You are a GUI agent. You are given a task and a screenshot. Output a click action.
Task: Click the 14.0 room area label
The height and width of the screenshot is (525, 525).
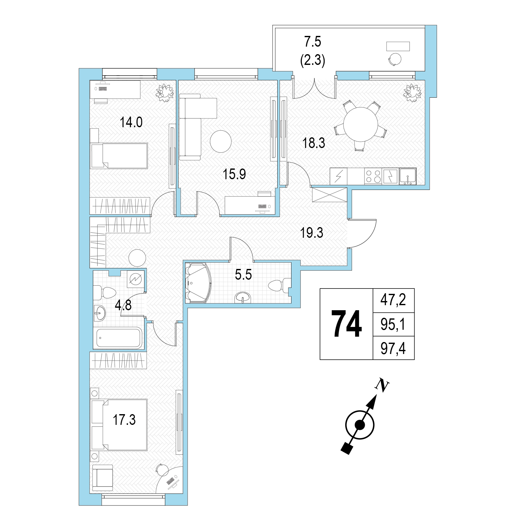[131, 122]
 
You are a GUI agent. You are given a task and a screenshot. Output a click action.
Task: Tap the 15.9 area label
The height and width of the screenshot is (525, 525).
[234, 174]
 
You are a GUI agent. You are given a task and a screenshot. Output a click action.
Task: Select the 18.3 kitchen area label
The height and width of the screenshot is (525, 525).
[313, 143]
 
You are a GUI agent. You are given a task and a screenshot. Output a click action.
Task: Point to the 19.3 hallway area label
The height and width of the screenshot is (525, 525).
[312, 233]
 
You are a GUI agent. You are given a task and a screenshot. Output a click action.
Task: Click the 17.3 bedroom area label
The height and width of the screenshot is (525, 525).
[124, 420]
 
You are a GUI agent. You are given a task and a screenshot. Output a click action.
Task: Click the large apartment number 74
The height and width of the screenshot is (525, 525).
[347, 324]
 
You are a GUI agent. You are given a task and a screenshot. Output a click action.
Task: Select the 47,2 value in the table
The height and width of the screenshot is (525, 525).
[393, 300]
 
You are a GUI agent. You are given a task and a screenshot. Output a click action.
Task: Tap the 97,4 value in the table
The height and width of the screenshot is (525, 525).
[393, 349]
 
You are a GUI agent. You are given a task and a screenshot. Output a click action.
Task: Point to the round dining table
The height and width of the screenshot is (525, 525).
[361, 124]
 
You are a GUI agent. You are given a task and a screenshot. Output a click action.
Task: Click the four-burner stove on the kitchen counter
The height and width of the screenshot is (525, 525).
[373, 176]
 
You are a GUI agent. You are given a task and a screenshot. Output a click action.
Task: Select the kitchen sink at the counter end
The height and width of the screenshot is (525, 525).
[408, 176]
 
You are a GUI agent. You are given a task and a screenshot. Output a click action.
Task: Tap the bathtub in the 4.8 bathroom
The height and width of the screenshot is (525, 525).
[119, 338]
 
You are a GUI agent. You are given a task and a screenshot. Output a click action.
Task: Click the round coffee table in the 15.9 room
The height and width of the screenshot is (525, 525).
[221, 141]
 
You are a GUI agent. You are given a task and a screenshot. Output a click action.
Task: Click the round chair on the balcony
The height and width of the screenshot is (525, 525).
[395, 59]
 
